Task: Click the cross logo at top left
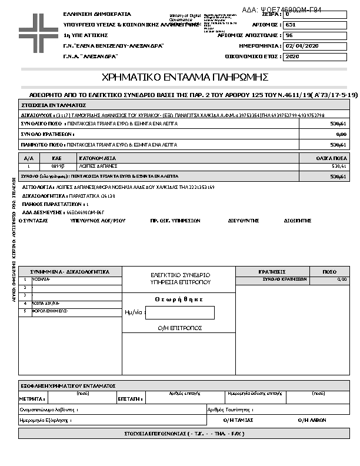click(39, 28)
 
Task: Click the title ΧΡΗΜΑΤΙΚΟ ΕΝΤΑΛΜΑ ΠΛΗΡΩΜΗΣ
click(185, 77)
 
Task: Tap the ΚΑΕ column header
click(57, 158)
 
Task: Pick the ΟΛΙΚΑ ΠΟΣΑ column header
click(330, 158)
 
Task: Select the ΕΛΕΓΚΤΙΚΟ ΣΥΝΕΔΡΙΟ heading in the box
click(180, 275)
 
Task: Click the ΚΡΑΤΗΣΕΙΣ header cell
click(272, 272)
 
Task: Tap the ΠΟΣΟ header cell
click(330, 272)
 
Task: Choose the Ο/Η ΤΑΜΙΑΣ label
click(238, 420)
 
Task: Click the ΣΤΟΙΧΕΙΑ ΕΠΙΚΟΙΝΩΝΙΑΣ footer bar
click(184, 434)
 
